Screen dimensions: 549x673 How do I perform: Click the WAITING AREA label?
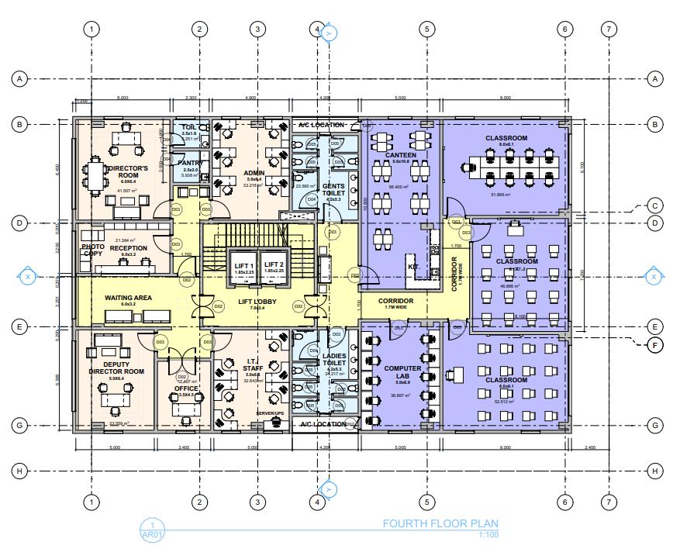point(128,298)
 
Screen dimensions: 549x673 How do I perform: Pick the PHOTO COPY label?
point(93,250)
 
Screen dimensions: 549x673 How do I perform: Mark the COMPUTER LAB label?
point(402,375)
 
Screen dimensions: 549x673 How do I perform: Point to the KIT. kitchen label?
point(413,266)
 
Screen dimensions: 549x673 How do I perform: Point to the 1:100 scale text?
point(488,533)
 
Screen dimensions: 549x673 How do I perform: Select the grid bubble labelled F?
point(655,346)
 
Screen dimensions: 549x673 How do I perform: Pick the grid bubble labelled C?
point(655,206)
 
